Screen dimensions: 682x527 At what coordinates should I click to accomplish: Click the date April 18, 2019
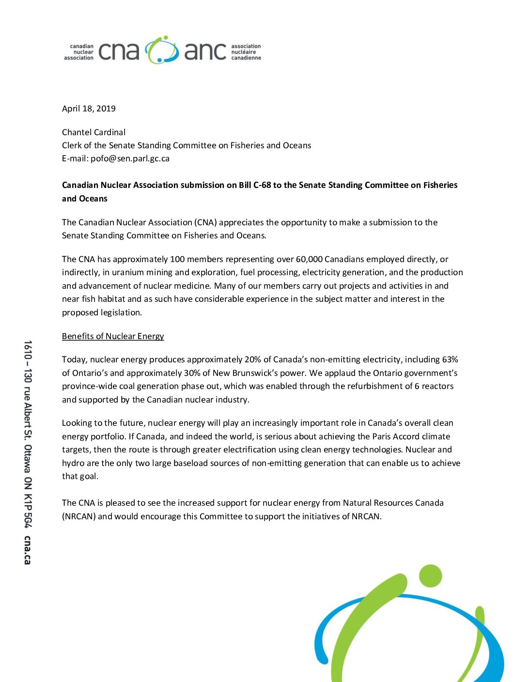coord(89,108)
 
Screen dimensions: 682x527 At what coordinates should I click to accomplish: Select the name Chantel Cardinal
coord(93,132)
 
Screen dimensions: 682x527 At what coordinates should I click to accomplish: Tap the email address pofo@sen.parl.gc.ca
coord(130,158)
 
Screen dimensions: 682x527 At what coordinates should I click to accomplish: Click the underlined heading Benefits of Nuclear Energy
coord(113,336)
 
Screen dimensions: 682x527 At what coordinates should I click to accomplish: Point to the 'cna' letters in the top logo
coord(119,51)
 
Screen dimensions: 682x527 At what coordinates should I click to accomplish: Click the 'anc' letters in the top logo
coord(205,51)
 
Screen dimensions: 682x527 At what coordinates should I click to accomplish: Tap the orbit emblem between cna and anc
coord(162,50)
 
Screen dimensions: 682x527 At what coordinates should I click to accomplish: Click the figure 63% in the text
coord(450,359)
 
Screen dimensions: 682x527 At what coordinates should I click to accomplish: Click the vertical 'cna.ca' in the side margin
coord(28,550)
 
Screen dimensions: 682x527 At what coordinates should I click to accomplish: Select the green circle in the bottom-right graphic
coord(430,576)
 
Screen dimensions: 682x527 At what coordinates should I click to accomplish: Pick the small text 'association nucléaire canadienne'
coord(246,52)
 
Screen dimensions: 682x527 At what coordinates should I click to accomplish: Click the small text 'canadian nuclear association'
coord(79,52)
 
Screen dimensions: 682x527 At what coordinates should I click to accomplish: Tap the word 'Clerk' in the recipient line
coord(72,145)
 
